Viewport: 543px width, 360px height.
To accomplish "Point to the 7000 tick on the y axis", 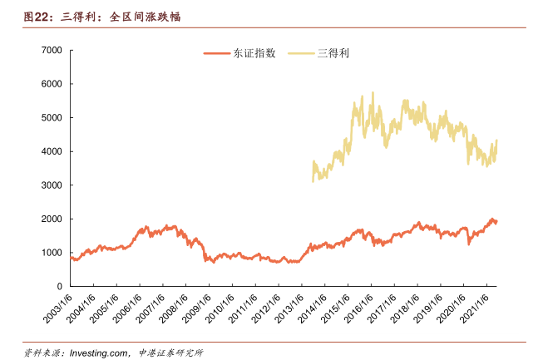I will click(52, 51).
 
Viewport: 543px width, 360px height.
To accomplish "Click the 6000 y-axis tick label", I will click(52, 84).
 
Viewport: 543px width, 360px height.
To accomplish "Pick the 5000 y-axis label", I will click(52, 118).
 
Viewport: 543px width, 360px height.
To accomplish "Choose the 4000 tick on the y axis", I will click(52, 152).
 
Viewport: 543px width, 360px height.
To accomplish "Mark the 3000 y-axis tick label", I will click(52, 185).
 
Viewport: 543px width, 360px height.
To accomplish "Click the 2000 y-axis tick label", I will click(52, 219).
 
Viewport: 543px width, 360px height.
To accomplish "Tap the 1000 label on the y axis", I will click(52, 253).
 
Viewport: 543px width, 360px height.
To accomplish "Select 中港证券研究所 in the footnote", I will click(170, 353).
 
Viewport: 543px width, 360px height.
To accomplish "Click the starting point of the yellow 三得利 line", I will click(313, 180).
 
